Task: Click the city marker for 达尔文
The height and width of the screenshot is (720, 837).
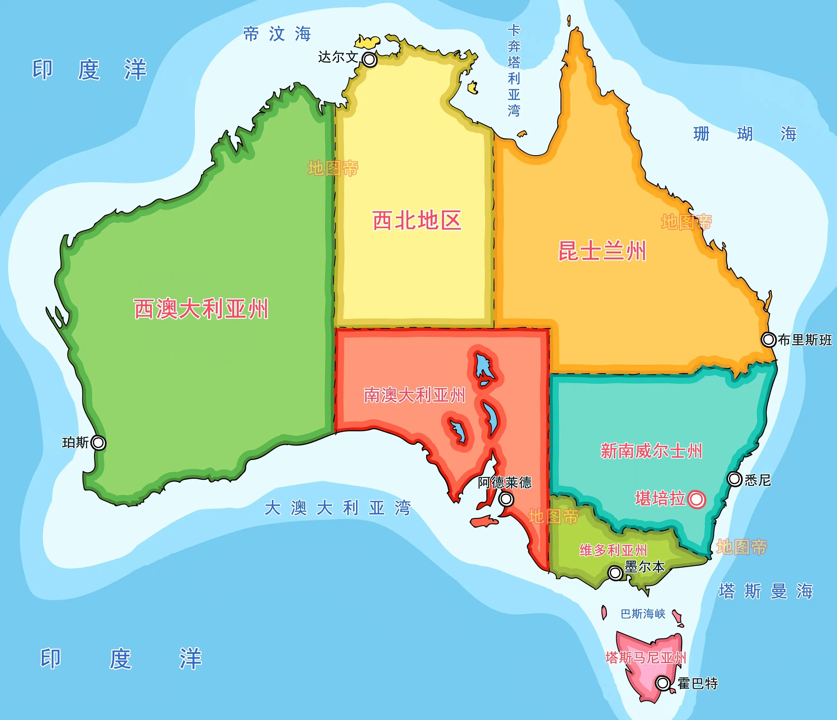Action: click(x=369, y=60)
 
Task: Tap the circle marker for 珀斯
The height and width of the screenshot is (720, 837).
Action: click(x=98, y=443)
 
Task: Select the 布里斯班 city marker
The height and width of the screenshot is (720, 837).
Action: click(x=768, y=339)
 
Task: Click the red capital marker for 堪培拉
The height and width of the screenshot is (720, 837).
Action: click(x=696, y=499)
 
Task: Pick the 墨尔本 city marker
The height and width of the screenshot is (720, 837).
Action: click(x=615, y=573)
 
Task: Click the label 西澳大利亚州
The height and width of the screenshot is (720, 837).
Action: click(x=201, y=309)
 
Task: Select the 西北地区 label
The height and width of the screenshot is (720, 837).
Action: click(x=417, y=221)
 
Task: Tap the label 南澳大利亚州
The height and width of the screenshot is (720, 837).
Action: click(x=415, y=395)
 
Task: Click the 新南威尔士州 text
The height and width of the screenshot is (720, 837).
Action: click(x=651, y=451)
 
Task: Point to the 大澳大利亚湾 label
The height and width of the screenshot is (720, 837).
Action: click(x=337, y=508)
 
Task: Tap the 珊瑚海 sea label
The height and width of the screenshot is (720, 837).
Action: click(x=744, y=134)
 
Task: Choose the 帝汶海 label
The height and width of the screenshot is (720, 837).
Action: click(x=277, y=34)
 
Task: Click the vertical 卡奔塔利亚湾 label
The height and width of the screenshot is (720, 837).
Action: click(x=514, y=71)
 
